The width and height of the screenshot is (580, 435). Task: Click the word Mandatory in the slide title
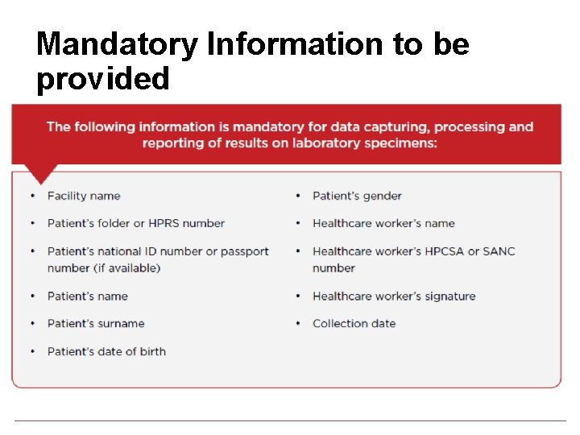click(117, 44)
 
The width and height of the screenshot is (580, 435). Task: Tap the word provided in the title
click(103, 79)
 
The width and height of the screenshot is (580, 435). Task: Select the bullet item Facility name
click(84, 196)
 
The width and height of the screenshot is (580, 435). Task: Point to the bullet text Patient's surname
click(96, 324)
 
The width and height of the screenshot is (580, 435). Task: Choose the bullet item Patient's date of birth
click(106, 351)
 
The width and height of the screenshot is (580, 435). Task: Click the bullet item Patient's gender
click(357, 196)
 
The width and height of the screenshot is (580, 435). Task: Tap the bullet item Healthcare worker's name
click(383, 223)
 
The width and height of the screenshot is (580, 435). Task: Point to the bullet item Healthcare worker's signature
click(394, 296)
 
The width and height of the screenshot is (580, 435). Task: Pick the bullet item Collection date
click(354, 324)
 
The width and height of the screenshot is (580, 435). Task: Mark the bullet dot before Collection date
click(298, 324)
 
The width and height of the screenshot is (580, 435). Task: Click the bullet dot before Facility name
click(32, 196)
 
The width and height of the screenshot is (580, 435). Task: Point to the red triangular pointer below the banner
click(41, 173)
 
